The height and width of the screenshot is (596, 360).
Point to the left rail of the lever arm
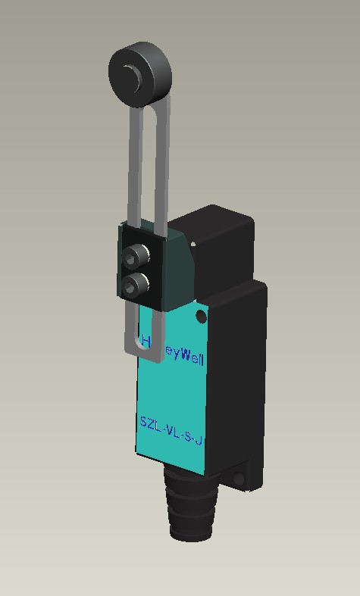pos(134,167)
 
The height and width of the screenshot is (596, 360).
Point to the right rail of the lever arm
pos(161,167)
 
